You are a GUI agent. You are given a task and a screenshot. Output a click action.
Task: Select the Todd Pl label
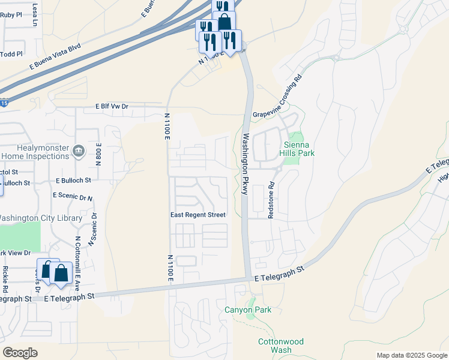[x=11, y=54]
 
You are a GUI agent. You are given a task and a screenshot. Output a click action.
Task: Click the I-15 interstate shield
[x=4, y=103]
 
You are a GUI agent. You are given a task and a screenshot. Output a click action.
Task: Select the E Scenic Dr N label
[x=73, y=196]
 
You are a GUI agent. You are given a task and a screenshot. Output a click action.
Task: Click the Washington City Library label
[x=41, y=218]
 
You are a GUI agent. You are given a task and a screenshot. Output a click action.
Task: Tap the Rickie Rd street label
[x=5, y=275]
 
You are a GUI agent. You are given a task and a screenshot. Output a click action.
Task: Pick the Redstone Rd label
[x=271, y=199]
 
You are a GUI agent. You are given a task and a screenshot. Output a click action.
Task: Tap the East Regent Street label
[x=197, y=215]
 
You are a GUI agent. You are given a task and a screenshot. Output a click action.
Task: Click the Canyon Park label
[x=248, y=310]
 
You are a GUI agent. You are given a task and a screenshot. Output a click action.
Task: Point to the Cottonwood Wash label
[x=280, y=346]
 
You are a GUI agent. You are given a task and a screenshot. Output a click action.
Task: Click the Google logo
[x=20, y=352]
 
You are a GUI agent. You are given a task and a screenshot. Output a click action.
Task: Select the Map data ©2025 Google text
[x=411, y=355]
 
